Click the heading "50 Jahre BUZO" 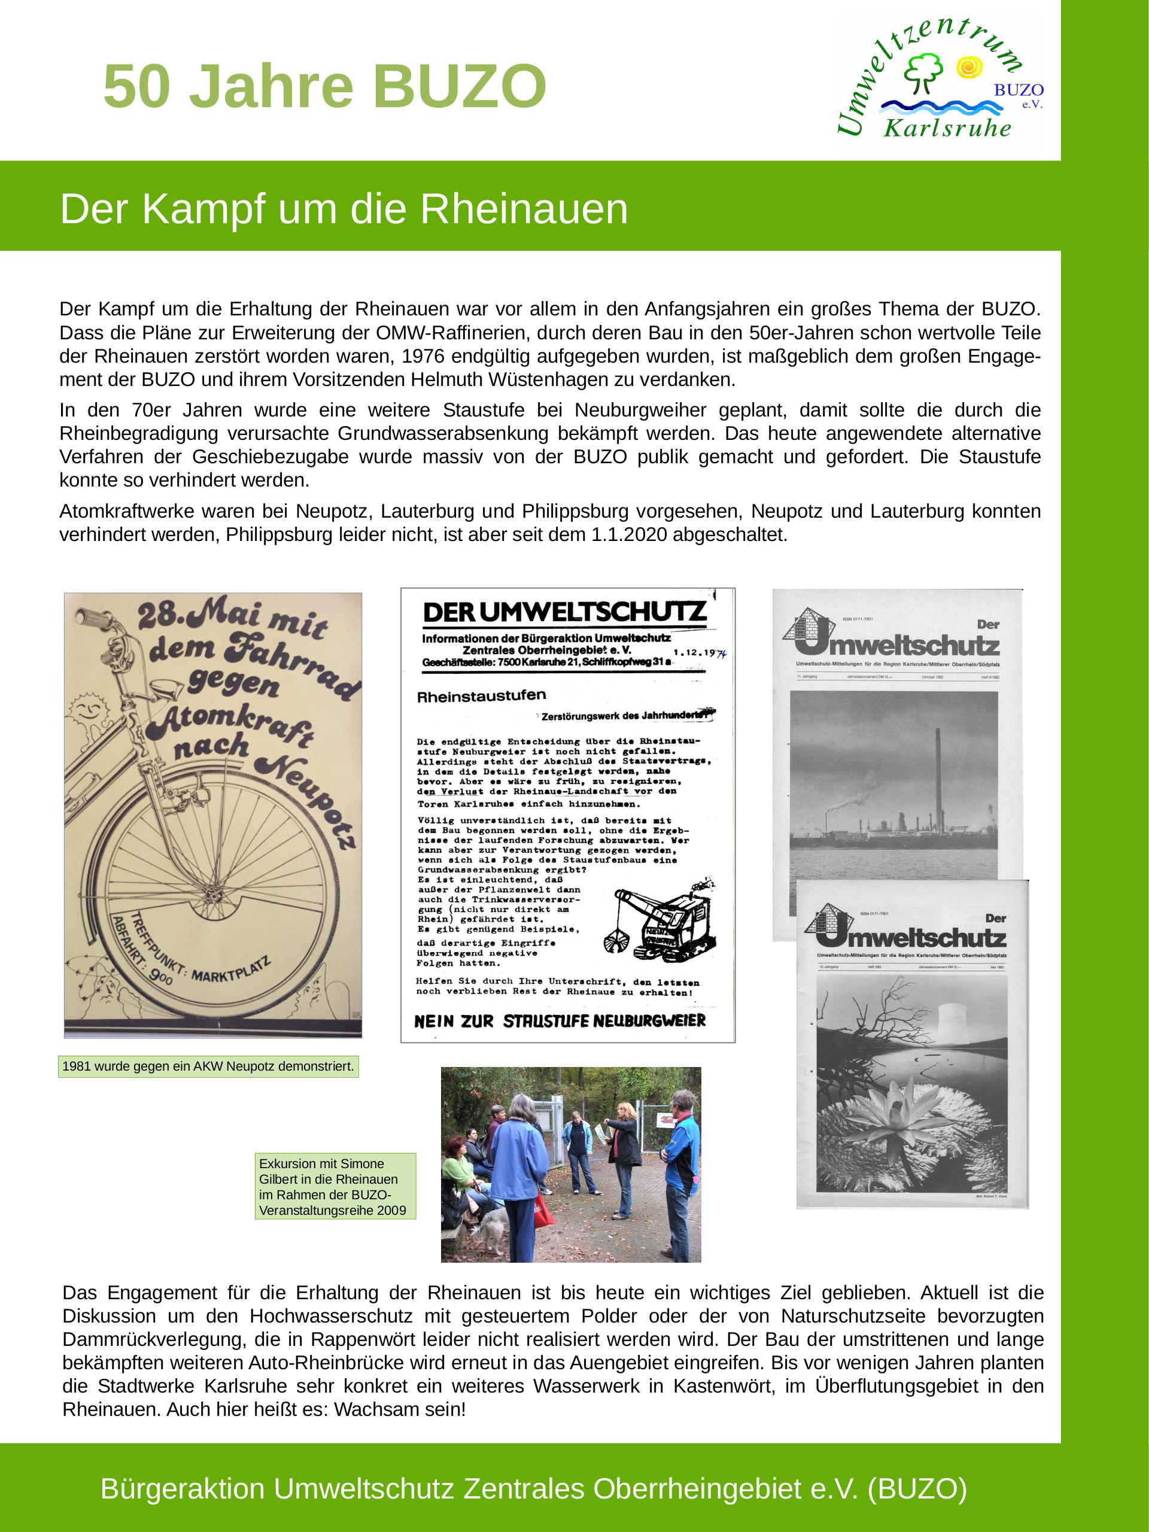coord(324,87)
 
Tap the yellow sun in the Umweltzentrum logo coord(968,67)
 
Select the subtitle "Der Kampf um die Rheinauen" coord(344,209)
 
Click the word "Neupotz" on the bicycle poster coord(308,803)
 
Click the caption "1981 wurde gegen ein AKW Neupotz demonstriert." coord(208,1066)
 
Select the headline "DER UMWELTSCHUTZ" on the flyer coord(564,612)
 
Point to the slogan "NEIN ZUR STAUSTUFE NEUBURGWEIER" coord(560,1021)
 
